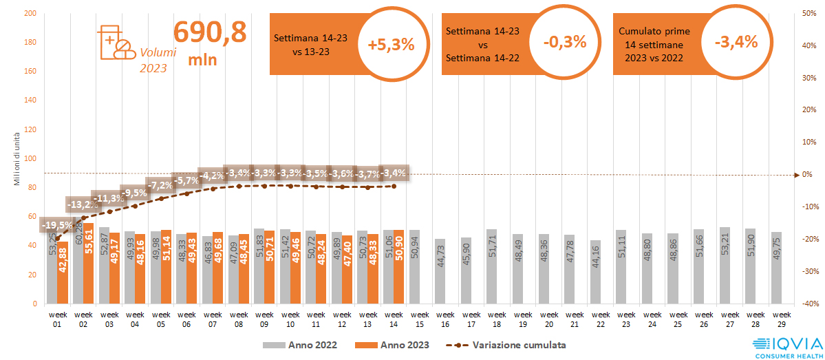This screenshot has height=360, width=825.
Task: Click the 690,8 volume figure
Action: pyautogui.click(x=209, y=32)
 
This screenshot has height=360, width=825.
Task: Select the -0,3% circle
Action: pyautogui.click(x=564, y=42)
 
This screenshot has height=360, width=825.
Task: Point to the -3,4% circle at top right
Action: pyautogui.click(x=736, y=42)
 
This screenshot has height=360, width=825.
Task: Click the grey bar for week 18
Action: pyautogui.click(x=491, y=266)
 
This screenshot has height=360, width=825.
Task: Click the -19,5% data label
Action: pyautogui.click(x=58, y=225)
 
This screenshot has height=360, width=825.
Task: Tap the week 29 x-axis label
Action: pyautogui.click(x=777, y=319)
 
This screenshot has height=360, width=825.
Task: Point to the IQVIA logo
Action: pyautogui.click(x=786, y=346)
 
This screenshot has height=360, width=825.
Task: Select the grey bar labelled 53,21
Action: pyautogui.click(x=725, y=265)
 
